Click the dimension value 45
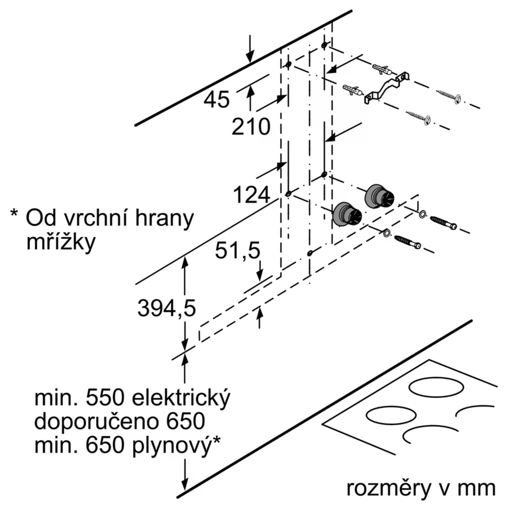pos(216,100)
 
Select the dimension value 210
pos(251,127)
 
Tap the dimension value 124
pos(251,195)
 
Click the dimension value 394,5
pos(166,308)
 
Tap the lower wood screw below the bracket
pos(418,118)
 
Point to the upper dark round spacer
pos(379,196)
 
